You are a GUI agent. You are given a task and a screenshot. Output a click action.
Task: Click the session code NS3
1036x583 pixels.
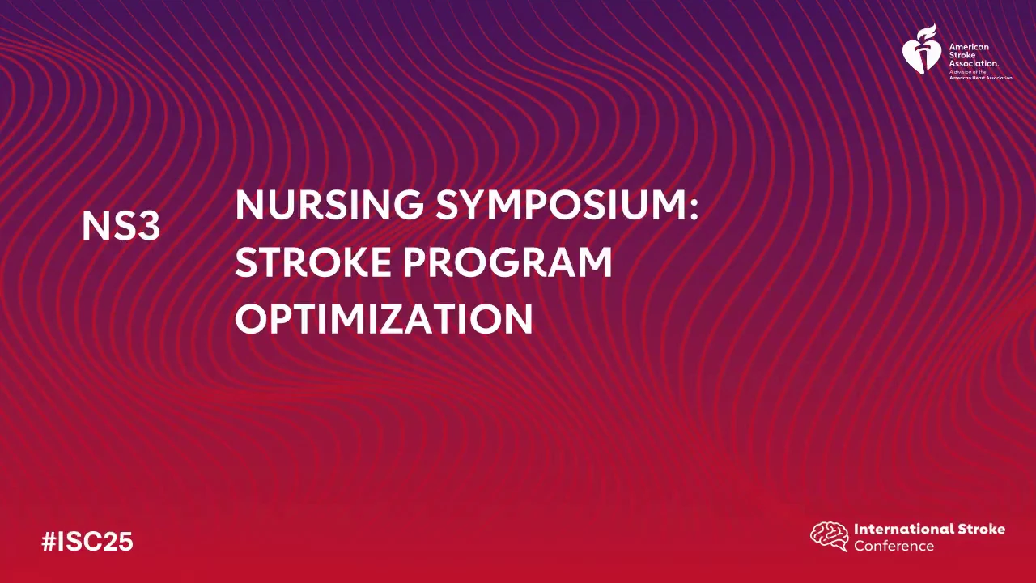pos(121,227)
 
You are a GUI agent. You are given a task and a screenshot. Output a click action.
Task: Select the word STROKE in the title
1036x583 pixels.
pos(313,262)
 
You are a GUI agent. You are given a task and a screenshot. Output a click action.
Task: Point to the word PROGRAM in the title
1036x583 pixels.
pos(507,262)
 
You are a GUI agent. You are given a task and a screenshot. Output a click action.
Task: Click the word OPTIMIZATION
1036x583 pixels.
pos(384,319)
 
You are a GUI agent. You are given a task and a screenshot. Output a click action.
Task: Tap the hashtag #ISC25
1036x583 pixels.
pos(87,542)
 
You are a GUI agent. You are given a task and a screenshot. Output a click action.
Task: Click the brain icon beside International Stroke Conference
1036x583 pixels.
pos(830,537)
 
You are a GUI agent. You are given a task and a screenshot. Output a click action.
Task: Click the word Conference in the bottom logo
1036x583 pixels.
pos(894,546)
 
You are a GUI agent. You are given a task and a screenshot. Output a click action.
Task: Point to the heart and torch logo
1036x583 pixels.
pos(922,49)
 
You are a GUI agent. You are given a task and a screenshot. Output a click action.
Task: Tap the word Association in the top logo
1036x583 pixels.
pos(974,63)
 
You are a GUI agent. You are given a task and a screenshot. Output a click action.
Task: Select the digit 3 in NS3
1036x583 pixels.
pos(150,227)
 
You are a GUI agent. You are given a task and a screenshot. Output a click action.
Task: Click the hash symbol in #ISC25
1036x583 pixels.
pos(49,542)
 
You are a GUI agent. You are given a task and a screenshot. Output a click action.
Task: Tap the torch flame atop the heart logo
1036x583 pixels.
pos(926,32)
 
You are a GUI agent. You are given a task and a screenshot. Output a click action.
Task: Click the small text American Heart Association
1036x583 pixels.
pos(981,78)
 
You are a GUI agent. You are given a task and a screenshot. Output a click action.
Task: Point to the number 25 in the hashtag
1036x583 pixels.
pos(121,542)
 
